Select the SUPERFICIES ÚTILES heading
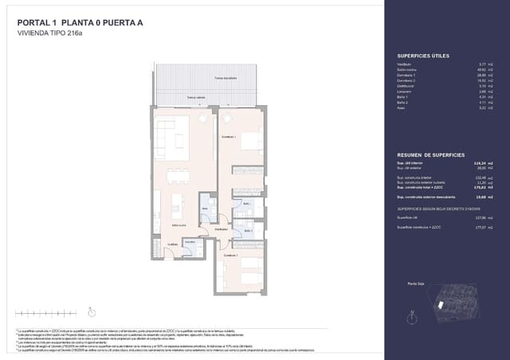tap(423, 55)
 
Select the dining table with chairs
tap(175, 178)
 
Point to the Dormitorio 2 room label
tap(230, 256)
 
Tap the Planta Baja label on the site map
tap(414, 284)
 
